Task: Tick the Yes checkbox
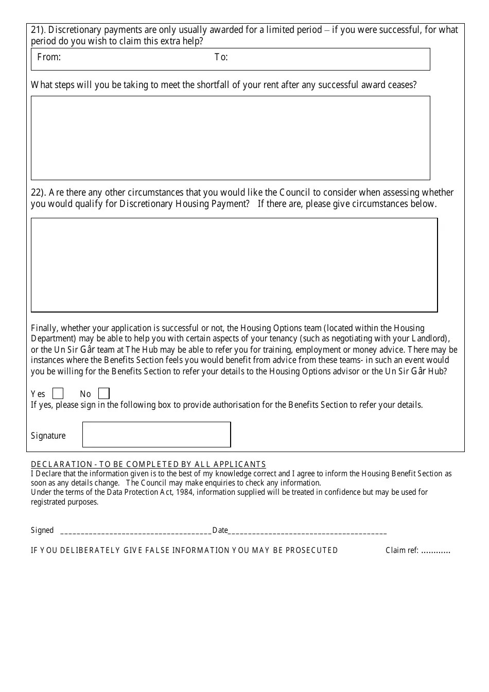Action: [58, 394]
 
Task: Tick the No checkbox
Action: [104, 394]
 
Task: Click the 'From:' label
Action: [49, 57]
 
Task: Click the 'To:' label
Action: [221, 57]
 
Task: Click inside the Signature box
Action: [156, 435]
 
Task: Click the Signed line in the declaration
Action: [136, 531]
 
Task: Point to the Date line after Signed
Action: [307, 531]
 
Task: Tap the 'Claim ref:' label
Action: [402, 550]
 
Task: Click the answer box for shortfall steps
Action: [230, 138]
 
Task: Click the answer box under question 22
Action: [234, 265]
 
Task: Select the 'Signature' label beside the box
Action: [48, 436]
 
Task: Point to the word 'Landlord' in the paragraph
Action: [430, 339]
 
